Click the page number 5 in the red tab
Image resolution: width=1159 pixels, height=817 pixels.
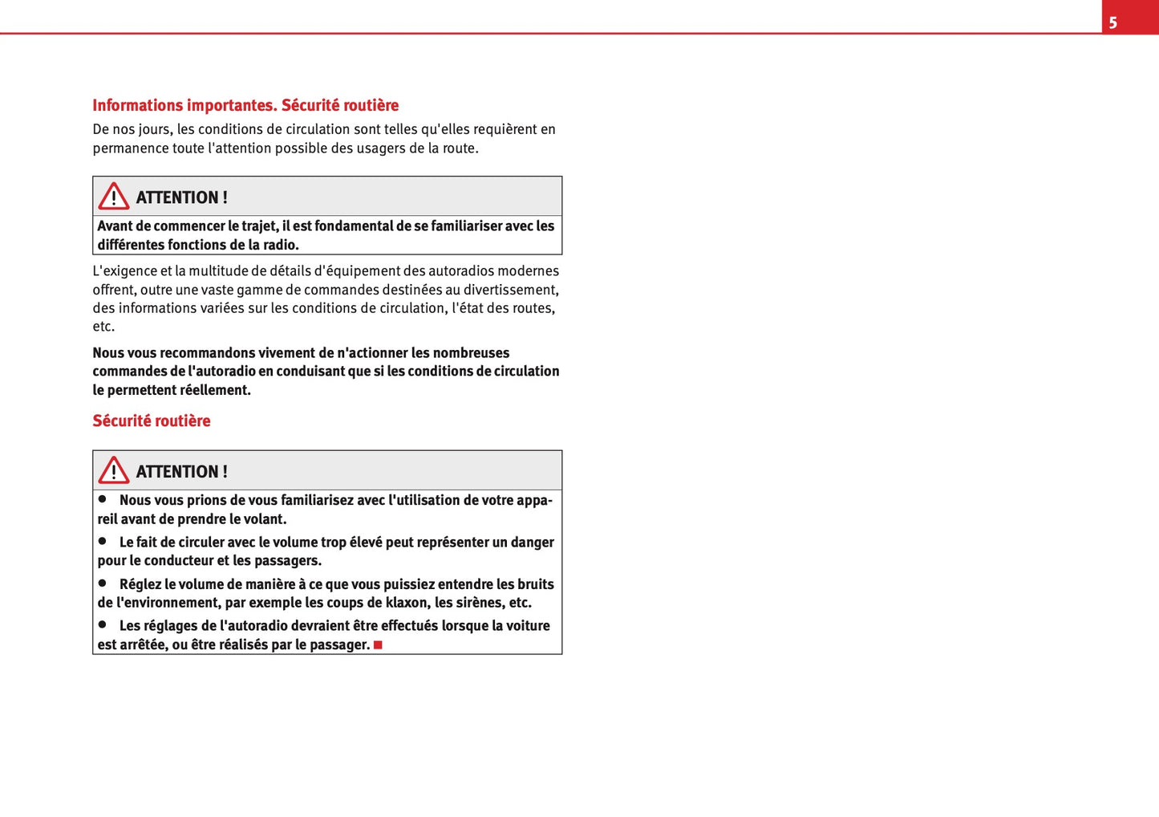[1112, 22]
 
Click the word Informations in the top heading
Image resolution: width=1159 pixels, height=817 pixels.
[137, 105]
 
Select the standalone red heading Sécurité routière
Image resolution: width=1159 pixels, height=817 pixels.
[151, 421]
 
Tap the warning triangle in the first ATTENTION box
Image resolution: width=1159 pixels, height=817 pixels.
[114, 197]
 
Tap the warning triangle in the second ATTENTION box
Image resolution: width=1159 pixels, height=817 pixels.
[114, 470]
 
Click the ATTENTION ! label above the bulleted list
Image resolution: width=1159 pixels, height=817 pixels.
[181, 472]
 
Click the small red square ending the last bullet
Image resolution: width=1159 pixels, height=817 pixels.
[378, 645]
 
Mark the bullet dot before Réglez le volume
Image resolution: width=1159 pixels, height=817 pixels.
[103, 583]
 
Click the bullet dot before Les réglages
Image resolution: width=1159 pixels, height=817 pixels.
[103, 624]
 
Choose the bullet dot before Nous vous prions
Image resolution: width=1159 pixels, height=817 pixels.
[103, 498]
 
